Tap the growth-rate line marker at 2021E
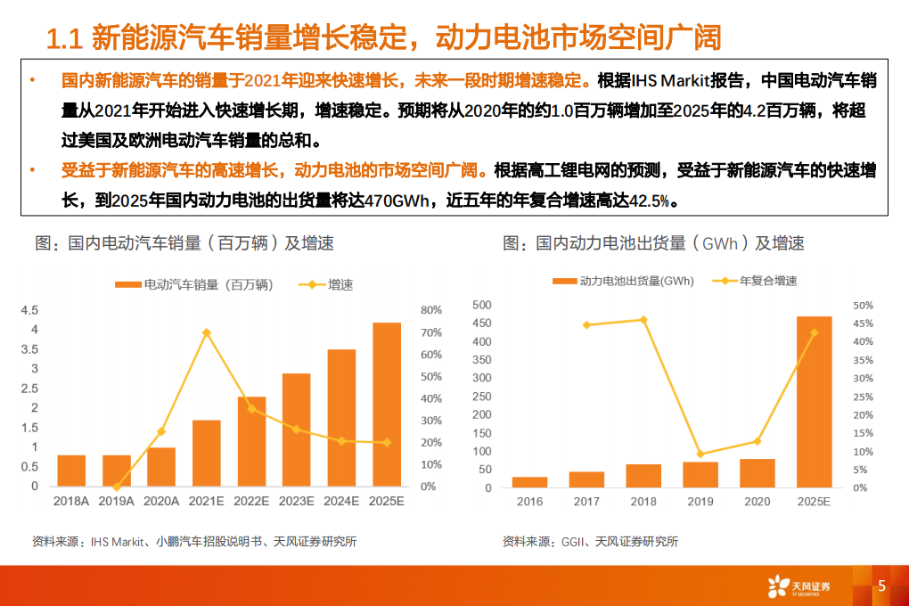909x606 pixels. pos(206,332)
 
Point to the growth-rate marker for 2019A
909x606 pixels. pos(116,487)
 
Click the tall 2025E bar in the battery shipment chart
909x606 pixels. pos(814,402)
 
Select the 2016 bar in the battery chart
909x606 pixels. pos(529,482)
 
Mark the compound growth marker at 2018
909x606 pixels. pos(643,320)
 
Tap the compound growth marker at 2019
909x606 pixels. pos(700,454)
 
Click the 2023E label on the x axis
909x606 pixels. pos(296,502)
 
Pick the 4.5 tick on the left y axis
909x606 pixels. pos(29,310)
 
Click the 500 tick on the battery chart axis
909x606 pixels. pos(481,305)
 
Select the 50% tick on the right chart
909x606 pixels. pos(863,305)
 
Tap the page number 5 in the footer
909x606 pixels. pos(881,586)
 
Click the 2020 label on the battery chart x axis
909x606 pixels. pos(757,502)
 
